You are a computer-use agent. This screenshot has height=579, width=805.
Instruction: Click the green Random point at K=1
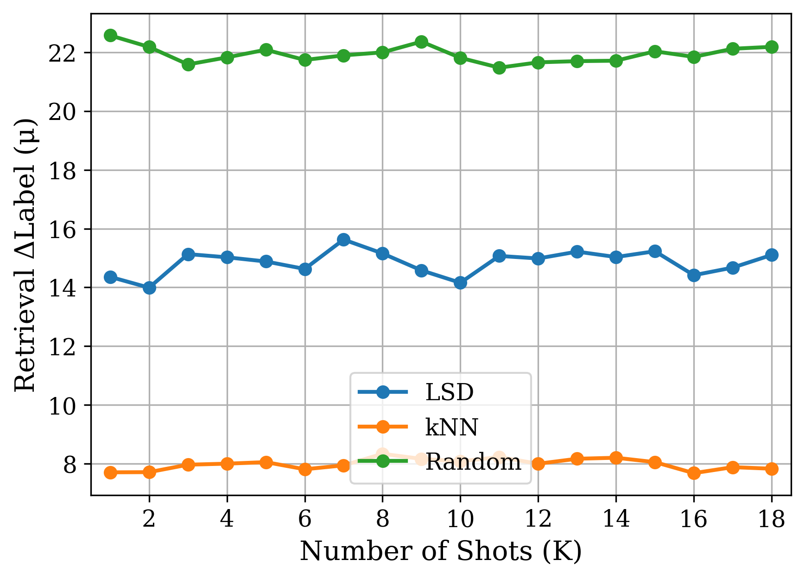(x=110, y=35)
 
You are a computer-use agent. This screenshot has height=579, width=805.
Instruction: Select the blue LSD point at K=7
(x=343, y=239)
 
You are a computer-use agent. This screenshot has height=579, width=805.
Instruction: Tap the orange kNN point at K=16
(x=694, y=473)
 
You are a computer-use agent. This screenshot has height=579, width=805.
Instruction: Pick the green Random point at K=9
(x=421, y=42)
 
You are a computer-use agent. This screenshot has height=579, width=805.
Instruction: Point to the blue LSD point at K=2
(x=149, y=288)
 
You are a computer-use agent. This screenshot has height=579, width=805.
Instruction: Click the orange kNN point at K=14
(x=616, y=458)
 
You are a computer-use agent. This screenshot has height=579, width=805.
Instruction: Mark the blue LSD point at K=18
(x=772, y=255)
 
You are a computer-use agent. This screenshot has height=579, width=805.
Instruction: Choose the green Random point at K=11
(x=499, y=68)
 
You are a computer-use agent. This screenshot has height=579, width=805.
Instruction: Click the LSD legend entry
(x=449, y=392)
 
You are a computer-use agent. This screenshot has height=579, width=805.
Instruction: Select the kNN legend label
(x=451, y=427)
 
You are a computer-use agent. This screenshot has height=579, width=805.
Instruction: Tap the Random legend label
(x=473, y=462)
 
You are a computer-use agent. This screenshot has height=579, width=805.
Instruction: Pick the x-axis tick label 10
(x=460, y=520)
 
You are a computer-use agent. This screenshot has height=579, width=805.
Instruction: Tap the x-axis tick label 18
(x=772, y=520)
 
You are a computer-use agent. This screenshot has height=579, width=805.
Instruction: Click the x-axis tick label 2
(x=149, y=520)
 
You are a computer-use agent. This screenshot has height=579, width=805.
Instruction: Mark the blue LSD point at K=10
(x=460, y=283)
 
